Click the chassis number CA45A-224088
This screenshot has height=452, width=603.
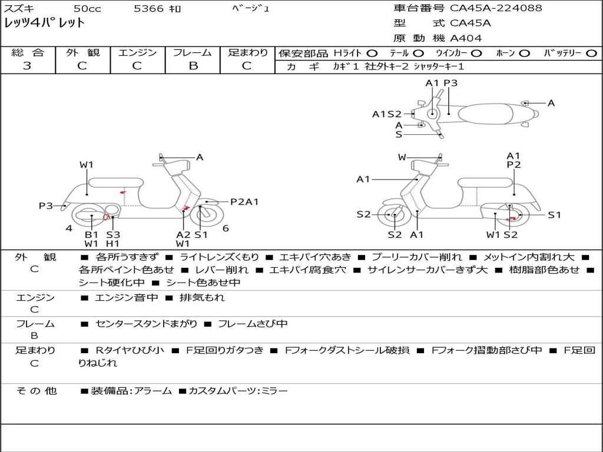tap(496, 8)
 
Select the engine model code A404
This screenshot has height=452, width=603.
tap(466, 38)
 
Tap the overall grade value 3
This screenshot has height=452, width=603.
tap(27, 66)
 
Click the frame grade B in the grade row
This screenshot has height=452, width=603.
tap(193, 66)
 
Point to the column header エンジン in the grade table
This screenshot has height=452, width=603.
tap(137, 53)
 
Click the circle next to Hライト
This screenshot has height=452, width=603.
tap(372, 54)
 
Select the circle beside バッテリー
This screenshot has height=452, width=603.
tap(591, 54)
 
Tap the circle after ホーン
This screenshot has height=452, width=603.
tap(524, 54)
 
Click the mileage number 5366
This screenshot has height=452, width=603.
tap(149, 9)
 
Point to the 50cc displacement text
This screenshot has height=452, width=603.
tap(87, 9)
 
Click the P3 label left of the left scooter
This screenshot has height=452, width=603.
tap(46, 206)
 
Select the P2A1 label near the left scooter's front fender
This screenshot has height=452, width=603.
tap(244, 202)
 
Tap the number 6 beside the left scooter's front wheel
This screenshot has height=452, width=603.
tap(226, 228)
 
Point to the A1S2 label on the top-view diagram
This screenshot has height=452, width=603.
tap(387, 114)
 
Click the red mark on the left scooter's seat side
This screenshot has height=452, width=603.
tap(122, 192)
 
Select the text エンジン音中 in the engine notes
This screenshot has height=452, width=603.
tap(127, 298)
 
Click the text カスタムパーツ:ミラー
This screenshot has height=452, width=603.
tap(238, 391)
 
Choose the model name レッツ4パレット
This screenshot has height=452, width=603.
tap(45, 24)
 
